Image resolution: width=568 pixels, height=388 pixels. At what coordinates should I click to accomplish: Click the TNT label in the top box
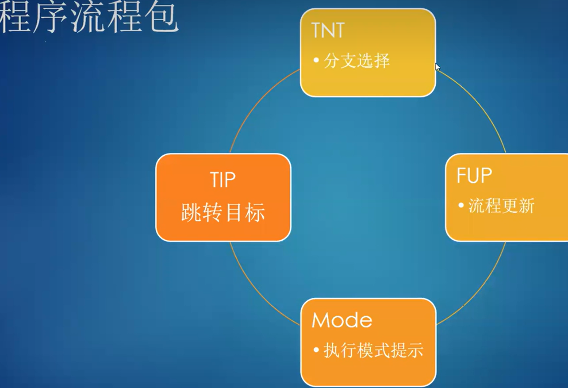pyautogui.click(x=328, y=31)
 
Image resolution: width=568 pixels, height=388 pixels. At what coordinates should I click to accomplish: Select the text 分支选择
pyautogui.click(x=357, y=61)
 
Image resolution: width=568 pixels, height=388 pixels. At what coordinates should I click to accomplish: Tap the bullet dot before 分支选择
pyautogui.click(x=316, y=60)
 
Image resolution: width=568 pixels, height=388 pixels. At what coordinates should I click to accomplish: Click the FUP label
pyautogui.click(x=474, y=176)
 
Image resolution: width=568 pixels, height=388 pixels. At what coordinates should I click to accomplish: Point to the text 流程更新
pyautogui.click(x=502, y=206)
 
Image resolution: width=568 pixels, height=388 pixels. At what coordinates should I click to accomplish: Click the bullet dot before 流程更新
pyautogui.click(x=461, y=205)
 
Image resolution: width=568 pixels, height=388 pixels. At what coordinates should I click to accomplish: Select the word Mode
pyautogui.click(x=342, y=320)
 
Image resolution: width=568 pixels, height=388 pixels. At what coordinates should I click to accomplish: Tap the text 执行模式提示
pyautogui.click(x=373, y=350)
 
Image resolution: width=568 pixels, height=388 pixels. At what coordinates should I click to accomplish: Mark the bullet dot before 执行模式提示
pyautogui.click(x=316, y=350)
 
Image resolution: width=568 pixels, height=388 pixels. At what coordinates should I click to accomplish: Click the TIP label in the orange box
pyautogui.click(x=223, y=180)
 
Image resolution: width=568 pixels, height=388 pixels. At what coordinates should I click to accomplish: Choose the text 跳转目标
pyautogui.click(x=223, y=213)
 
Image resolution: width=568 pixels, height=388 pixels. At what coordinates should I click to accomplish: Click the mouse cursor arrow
pyautogui.click(x=437, y=67)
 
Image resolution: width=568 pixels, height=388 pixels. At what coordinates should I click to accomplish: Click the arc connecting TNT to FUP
pyautogui.click(x=480, y=106)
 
